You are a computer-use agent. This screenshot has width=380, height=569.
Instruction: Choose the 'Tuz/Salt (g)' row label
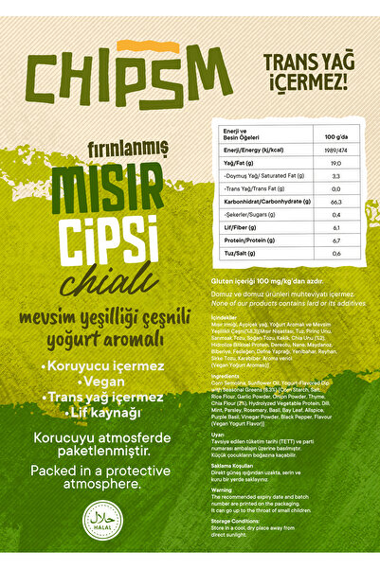(240, 254)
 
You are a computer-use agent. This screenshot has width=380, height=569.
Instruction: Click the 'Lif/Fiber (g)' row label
(240, 227)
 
